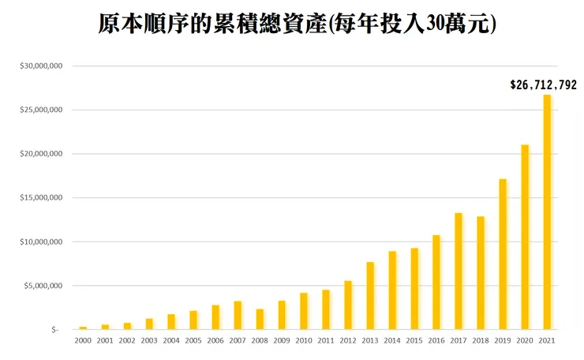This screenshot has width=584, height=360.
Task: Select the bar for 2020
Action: (x=525, y=237)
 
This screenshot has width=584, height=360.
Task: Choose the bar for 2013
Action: (x=370, y=295)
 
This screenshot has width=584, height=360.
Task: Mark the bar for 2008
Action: (x=260, y=319)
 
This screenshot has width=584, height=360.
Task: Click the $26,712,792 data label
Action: (x=544, y=84)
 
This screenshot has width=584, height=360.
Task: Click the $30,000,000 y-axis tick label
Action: (x=41, y=66)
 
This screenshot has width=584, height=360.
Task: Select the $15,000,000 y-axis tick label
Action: (x=41, y=198)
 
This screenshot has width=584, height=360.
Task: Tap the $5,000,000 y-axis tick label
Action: (x=43, y=286)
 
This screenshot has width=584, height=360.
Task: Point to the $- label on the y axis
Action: (x=55, y=330)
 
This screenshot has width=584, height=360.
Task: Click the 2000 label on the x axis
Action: (x=83, y=341)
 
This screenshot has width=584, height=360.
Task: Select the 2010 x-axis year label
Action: (x=304, y=341)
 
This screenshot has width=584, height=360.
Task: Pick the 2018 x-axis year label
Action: (x=481, y=341)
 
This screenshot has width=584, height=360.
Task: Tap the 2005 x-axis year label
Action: (x=193, y=341)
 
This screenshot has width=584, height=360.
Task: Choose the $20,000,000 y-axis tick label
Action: (x=41, y=154)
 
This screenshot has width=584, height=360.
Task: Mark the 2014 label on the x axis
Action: (x=392, y=341)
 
